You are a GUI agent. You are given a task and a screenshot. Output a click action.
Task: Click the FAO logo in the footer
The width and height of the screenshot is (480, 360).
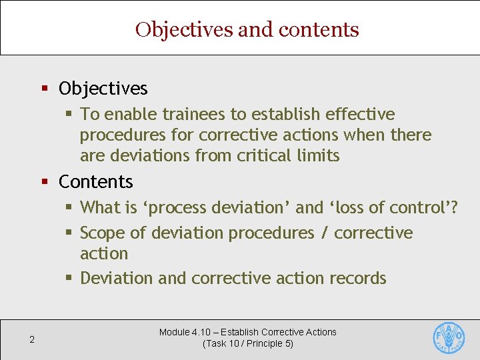449,337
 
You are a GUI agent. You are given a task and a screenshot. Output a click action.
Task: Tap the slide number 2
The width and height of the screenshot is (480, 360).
31,340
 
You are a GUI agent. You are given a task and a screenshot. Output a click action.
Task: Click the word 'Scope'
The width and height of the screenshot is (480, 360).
104,233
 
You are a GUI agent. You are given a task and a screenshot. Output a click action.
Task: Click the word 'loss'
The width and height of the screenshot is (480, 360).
351,207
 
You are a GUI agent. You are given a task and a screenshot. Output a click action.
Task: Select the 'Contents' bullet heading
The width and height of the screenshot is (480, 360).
96,181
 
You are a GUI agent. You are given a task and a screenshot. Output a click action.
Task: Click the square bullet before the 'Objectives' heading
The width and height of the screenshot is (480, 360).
45,89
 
